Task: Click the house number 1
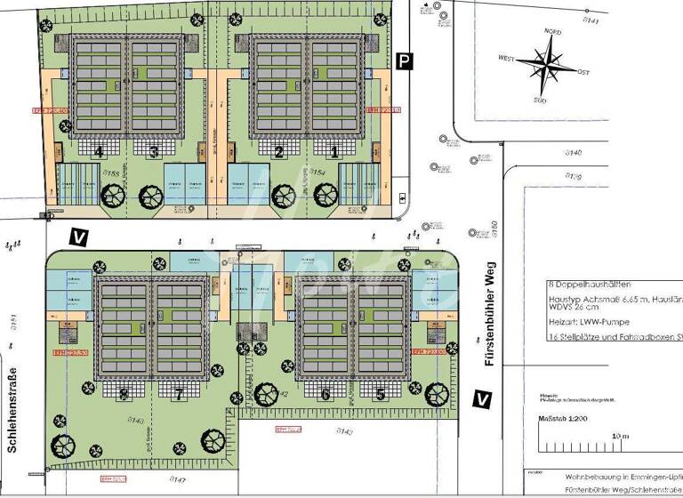click(333, 152)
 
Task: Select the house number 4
click(100, 152)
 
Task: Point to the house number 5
click(380, 394)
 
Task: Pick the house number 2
click(278, 152)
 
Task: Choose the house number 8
click(124, 394)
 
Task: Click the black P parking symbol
click(406, 60)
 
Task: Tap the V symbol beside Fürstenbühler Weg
click(482, 399)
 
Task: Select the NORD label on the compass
click(553, 32)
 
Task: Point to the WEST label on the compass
click(507, 59)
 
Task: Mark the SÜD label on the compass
click(540, 100)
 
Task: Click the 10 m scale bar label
click(620, 437)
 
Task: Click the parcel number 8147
click(179, 480)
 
